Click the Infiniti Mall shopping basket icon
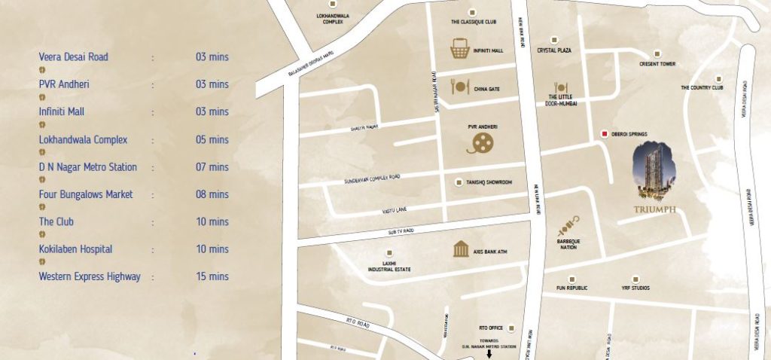pyautogui.click(x=460, y=49)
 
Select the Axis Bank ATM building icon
pyautogui.click(x=462, y=249)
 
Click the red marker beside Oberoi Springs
pyautogui.click(x=604, y=134)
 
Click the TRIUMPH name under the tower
pyautogui.click(x=654, y=209)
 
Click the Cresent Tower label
pyautogui.click(x=657, y=64)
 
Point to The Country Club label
pyautogui.click(x=702, y=87)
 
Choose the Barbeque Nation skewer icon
pyautogui.click(x=568, y=225)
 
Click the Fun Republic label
pyautogui.click(x=572, y=288)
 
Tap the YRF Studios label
pyautogui.click(x=635, y=288)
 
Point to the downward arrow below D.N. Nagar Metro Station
pyautogui.click(x=489, y=353)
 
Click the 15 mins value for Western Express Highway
pyautogui.click(x=212, y=276)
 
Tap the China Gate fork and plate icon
pyautogui.click(x=460, y=87)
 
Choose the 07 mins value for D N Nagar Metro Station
pyautogui.click(x=212, y=167)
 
